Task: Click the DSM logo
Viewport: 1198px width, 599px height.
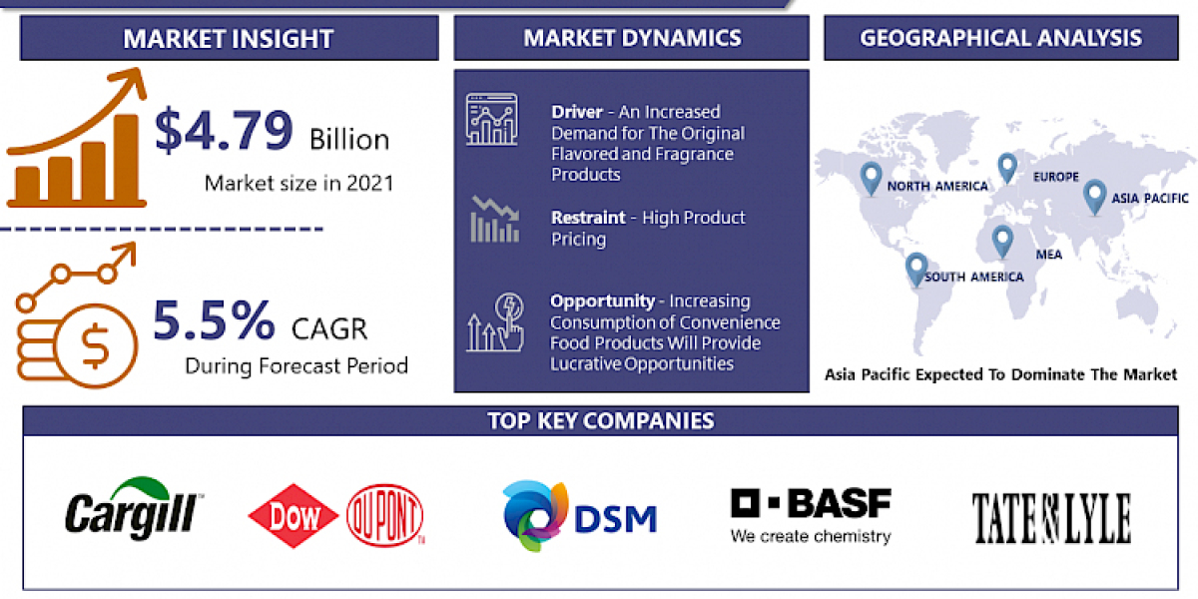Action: (579, 518)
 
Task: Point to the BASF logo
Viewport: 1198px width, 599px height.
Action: (810, 515)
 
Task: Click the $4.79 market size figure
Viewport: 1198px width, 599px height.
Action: (225, 132)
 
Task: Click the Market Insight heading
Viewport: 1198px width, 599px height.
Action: (229, 39)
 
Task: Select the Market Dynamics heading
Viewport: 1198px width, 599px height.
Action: (632, 38)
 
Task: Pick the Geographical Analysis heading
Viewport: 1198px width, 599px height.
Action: (1000, 38)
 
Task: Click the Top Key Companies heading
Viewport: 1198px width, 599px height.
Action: (601, 420)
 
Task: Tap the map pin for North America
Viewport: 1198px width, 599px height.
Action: (871, 179)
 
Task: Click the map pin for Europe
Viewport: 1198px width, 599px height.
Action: (1006, 167)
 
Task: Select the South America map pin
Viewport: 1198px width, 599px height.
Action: (915, 268)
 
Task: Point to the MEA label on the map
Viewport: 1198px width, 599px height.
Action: (1048, 255)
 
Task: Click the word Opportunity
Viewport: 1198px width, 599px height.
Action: (602, 300)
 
